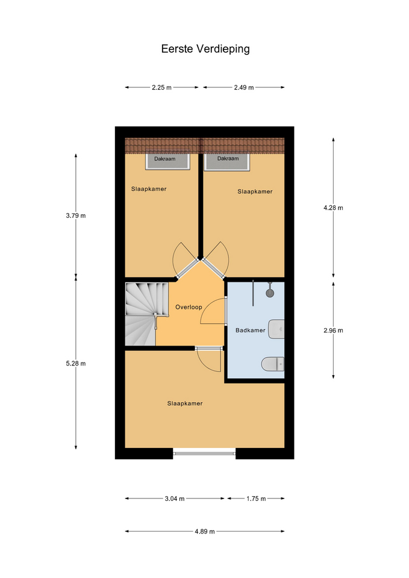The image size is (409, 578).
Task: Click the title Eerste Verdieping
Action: point(205,49)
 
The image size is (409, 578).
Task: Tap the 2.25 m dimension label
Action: point(161,88)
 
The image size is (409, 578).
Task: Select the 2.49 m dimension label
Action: point(244,88)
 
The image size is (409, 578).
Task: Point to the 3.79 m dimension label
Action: point(76,216)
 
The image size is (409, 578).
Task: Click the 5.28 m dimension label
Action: point(76,364)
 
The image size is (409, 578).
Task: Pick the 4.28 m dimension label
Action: point(333,208)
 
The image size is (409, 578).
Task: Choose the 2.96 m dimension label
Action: point(333,331)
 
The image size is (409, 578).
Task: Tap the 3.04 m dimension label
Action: point(175,499)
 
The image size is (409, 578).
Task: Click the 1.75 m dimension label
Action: point(257,499)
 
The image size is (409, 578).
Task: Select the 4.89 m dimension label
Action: point(205,532)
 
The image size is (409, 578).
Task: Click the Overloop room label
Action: point(189,307)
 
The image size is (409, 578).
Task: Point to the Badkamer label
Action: point(251,331)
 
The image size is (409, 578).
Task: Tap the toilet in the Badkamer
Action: point(273,364)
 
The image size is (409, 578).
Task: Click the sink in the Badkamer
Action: point(276,329)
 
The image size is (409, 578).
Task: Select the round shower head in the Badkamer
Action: point(270,293)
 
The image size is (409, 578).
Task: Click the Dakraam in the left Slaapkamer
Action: point(167,161)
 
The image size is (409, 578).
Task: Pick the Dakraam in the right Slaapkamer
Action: point(227,161)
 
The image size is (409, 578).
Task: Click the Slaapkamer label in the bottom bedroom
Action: point(185,403)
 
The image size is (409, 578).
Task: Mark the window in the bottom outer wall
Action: point(204,453)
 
